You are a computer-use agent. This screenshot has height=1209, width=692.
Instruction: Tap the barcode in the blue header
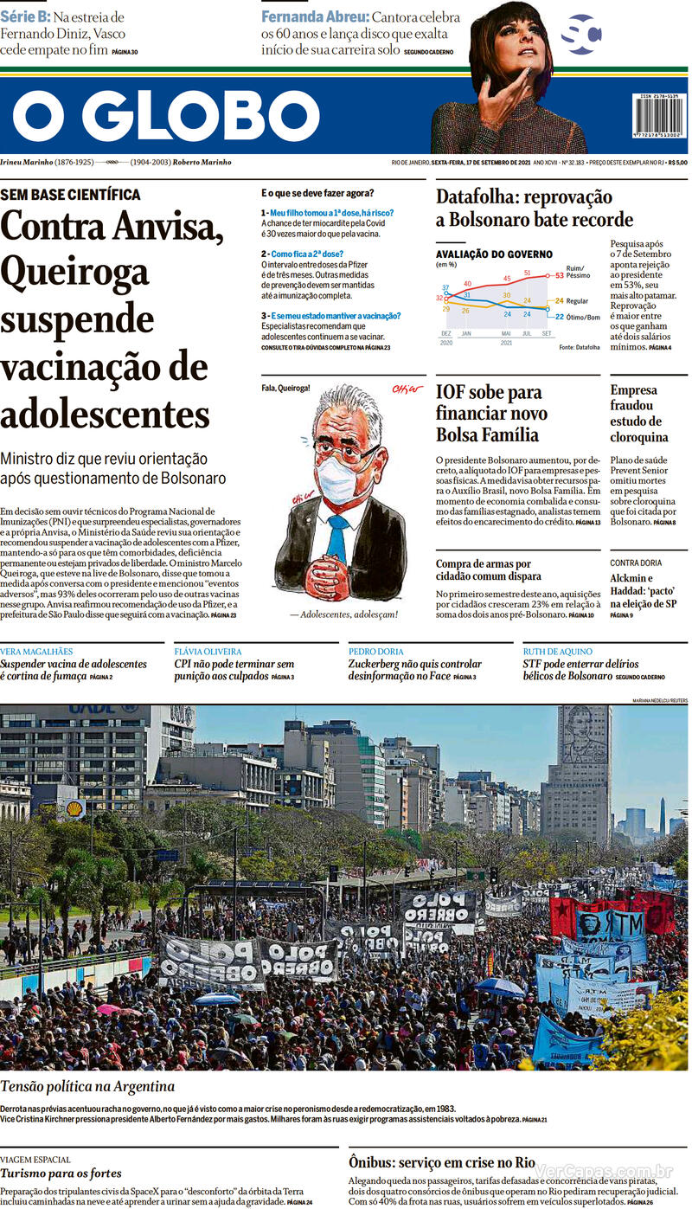657,115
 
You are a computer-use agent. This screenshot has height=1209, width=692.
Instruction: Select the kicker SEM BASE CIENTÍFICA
71,196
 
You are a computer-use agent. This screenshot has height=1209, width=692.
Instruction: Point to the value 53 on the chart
560,276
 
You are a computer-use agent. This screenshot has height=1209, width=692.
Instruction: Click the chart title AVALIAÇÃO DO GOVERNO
494,254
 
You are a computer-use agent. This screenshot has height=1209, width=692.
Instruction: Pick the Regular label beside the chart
577,301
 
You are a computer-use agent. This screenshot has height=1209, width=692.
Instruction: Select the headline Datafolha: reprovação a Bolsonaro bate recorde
534,209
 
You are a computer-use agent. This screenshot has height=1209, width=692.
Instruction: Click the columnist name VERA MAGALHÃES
36,652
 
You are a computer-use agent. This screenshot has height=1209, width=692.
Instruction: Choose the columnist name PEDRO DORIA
375,652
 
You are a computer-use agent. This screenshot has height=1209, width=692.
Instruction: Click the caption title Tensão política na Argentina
87,1086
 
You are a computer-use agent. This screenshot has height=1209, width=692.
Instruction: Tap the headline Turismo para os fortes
61,1174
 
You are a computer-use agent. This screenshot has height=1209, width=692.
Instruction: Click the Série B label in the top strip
24,17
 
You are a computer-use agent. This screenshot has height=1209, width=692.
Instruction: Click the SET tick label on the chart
547,333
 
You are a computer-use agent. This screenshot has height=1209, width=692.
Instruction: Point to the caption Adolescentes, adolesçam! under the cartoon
343,614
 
